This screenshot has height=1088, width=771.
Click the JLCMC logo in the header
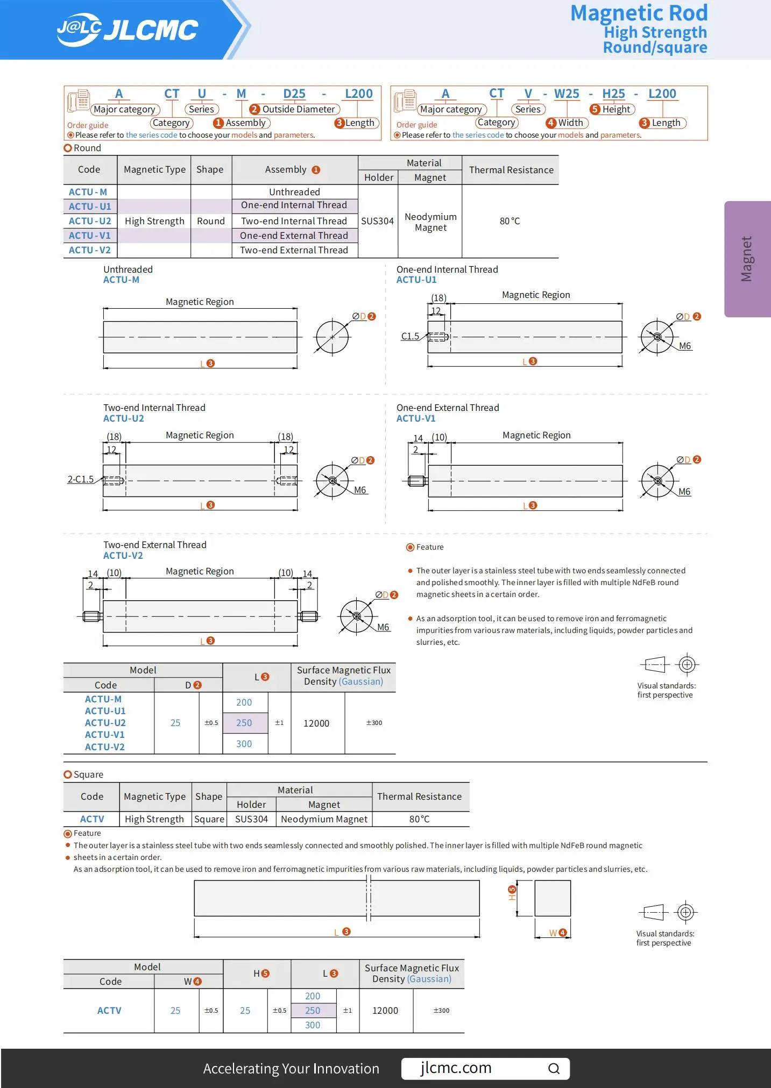(128, 30)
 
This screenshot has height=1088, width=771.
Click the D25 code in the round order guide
(294, 94)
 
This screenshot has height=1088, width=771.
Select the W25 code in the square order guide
(567, 94)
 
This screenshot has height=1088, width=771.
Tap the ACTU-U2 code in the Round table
(90, 221)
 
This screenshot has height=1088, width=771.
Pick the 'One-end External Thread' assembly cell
(294, 236)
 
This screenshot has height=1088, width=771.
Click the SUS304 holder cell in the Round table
(377, 221)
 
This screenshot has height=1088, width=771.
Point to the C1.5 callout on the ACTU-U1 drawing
(410, 336)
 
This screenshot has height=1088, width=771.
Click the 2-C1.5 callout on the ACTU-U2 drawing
(80, 479)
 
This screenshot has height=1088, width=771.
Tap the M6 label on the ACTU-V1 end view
(684, 492)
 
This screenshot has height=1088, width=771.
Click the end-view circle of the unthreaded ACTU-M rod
(333, 337)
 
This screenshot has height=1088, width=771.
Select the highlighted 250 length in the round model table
(244, 723)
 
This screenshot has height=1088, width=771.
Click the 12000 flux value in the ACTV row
(385, 1011)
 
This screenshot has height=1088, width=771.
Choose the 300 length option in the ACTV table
(313, 1025)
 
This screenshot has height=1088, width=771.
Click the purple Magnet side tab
(747, 259)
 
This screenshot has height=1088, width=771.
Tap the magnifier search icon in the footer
(554, 1069)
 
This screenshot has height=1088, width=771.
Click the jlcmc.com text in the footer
(456, 1068)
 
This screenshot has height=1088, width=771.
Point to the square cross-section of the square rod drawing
(552, 898)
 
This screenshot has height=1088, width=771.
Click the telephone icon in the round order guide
(79, 101)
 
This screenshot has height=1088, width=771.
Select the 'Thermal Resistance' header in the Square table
(419, 797)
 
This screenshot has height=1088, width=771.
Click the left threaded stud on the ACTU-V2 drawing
(92, 616)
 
